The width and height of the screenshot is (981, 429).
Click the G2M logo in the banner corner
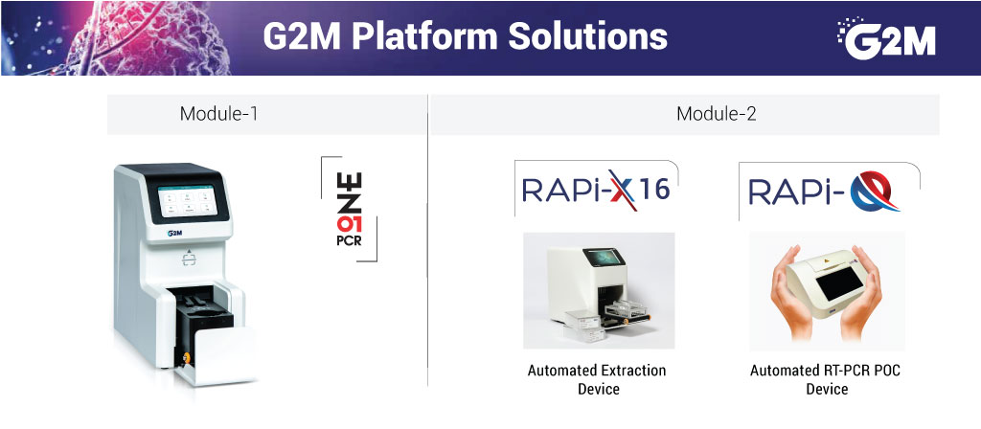(x=887, y=37)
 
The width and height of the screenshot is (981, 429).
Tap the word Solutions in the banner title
(x=587, y=37)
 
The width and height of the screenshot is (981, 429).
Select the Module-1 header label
(x=219, y=114)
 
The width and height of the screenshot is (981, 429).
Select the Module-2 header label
(x=717, y=114)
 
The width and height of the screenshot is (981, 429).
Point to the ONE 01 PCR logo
(x=350, y=209)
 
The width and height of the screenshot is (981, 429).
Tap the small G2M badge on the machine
(x=174, y=234)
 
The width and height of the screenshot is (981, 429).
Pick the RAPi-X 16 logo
(x=596, y=190)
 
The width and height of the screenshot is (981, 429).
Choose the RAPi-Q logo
(x=824, y=192)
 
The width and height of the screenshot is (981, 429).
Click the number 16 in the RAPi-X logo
(x=653, y=190)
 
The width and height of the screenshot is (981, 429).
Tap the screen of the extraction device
(x=605, y=257)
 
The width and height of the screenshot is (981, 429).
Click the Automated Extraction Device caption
(x=597, y=379)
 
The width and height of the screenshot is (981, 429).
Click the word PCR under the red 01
(x=349, y=239)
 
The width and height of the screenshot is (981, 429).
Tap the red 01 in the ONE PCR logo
(x=349, y=224)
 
